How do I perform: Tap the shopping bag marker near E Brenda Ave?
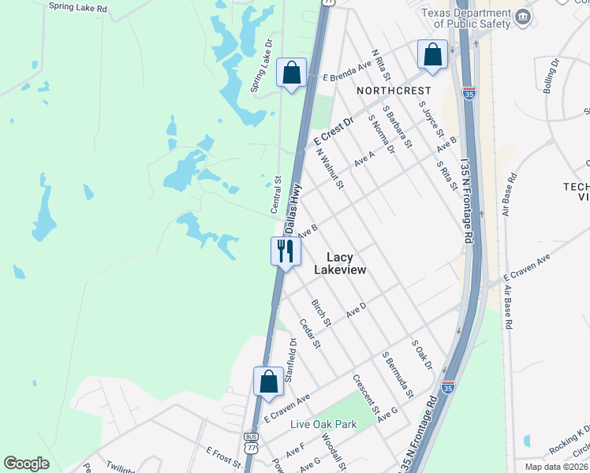pos(432,54)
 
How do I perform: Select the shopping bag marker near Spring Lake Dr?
pos(291,73)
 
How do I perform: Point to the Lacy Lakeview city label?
pos(340,263)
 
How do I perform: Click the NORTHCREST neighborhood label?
pos(394,91)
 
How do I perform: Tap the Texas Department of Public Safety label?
pos(465,17)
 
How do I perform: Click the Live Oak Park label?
pos(323,424)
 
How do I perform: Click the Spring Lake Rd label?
pos(77,6)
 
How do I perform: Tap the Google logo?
pos(27,464)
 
